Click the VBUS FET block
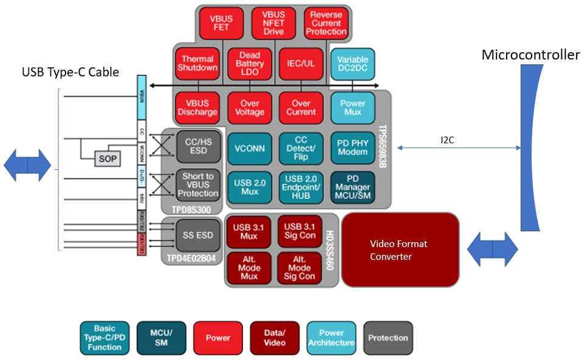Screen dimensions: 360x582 (x=221, y=23)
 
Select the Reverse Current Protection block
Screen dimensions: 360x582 (x=327, y=23)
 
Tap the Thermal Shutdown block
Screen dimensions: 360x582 (x=196, y=64)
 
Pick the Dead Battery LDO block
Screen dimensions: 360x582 (x=249, y=64)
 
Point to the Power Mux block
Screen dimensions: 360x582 (x=352, y=107)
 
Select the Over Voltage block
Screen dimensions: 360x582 (x=249, y=107)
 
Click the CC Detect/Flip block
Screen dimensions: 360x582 (x=301, y=148)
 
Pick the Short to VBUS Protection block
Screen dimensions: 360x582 (x=197, y=185)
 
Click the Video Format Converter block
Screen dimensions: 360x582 (x=400, y=250)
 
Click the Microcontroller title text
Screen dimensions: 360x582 (x=530, y=55)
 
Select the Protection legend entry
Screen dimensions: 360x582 (x=388, y=338)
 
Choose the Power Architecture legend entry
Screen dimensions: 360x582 (x=331, y=338)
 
